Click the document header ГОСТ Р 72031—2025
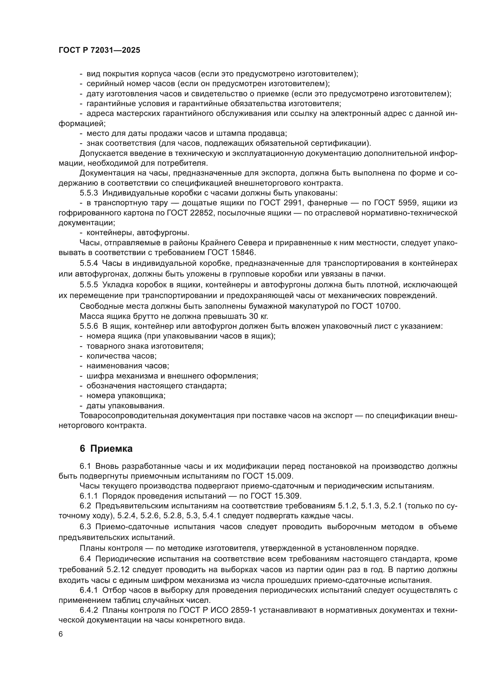pyautogui.click(x=99, y=50)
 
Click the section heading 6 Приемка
pyautogui.click(x=106, y=448)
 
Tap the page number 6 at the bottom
pyautogui.click(x=61, y=634)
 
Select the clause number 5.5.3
pyautogui.click(x=89, y=193)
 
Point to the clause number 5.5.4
pyautogui.click(x=89, y=263)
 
